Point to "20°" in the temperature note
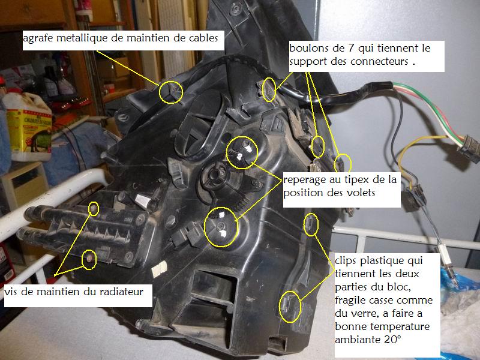tap(392, 340)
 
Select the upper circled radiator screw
tap(94, 209)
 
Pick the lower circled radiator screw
tap(89, 259)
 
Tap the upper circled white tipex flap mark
tap(242, 152)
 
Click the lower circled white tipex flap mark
tap(221, 227)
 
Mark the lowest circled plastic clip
tap(290, 307)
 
